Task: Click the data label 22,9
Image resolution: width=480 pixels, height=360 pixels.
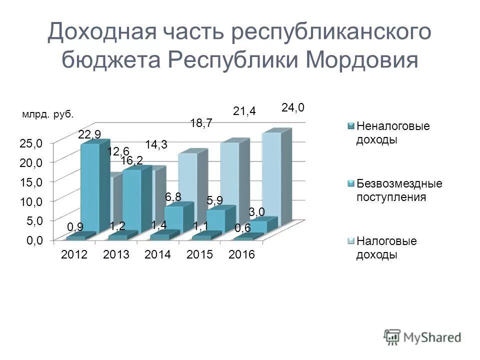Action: (89, 134)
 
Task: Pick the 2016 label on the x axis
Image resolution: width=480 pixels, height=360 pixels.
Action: (241, 255)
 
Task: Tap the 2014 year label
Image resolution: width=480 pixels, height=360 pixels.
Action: (157, 255)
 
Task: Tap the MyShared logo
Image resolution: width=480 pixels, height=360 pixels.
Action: (423, 336)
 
